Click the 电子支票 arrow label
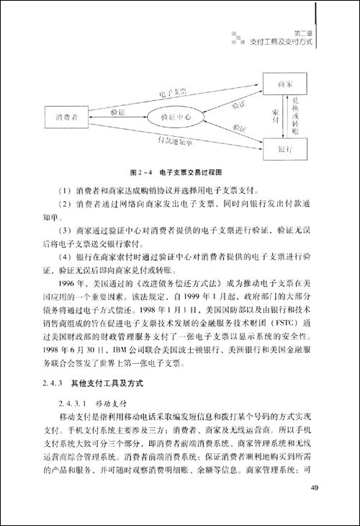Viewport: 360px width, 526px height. [173, 93]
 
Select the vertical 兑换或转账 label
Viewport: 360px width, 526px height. [295, 117]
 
